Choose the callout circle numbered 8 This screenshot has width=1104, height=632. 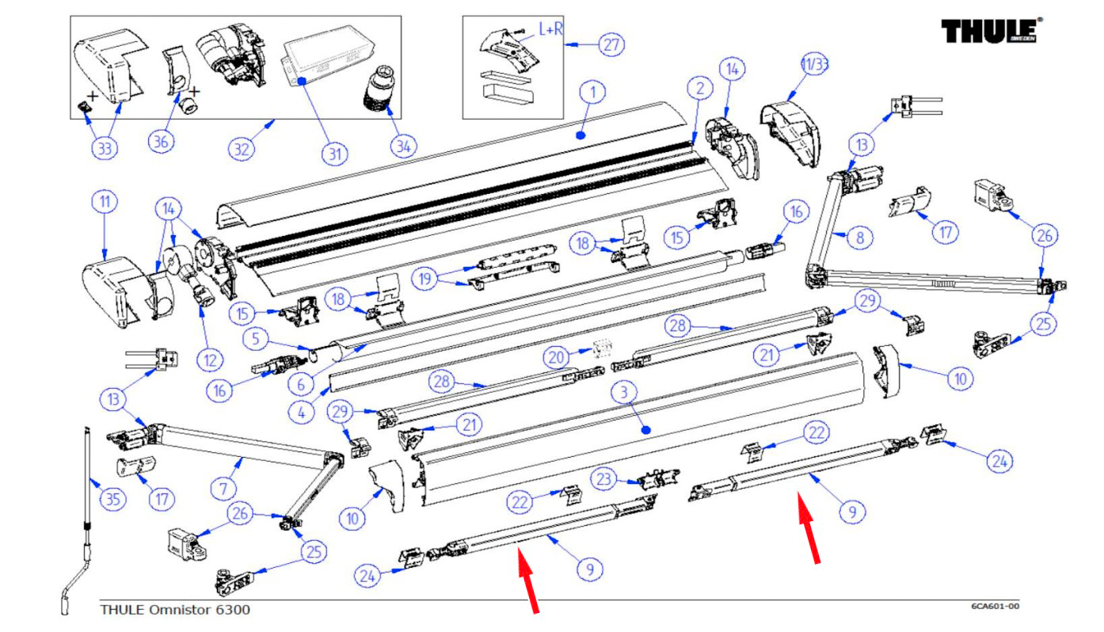click(860, 237)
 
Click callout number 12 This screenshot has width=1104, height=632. click(210, 361)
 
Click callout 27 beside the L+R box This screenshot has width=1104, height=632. click(610, 45)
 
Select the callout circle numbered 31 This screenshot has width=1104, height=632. click(333, 154)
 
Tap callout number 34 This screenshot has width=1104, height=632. click(403, 146)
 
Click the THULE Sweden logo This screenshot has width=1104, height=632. click(991, 31)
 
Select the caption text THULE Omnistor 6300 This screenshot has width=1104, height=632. click(174, 609)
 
